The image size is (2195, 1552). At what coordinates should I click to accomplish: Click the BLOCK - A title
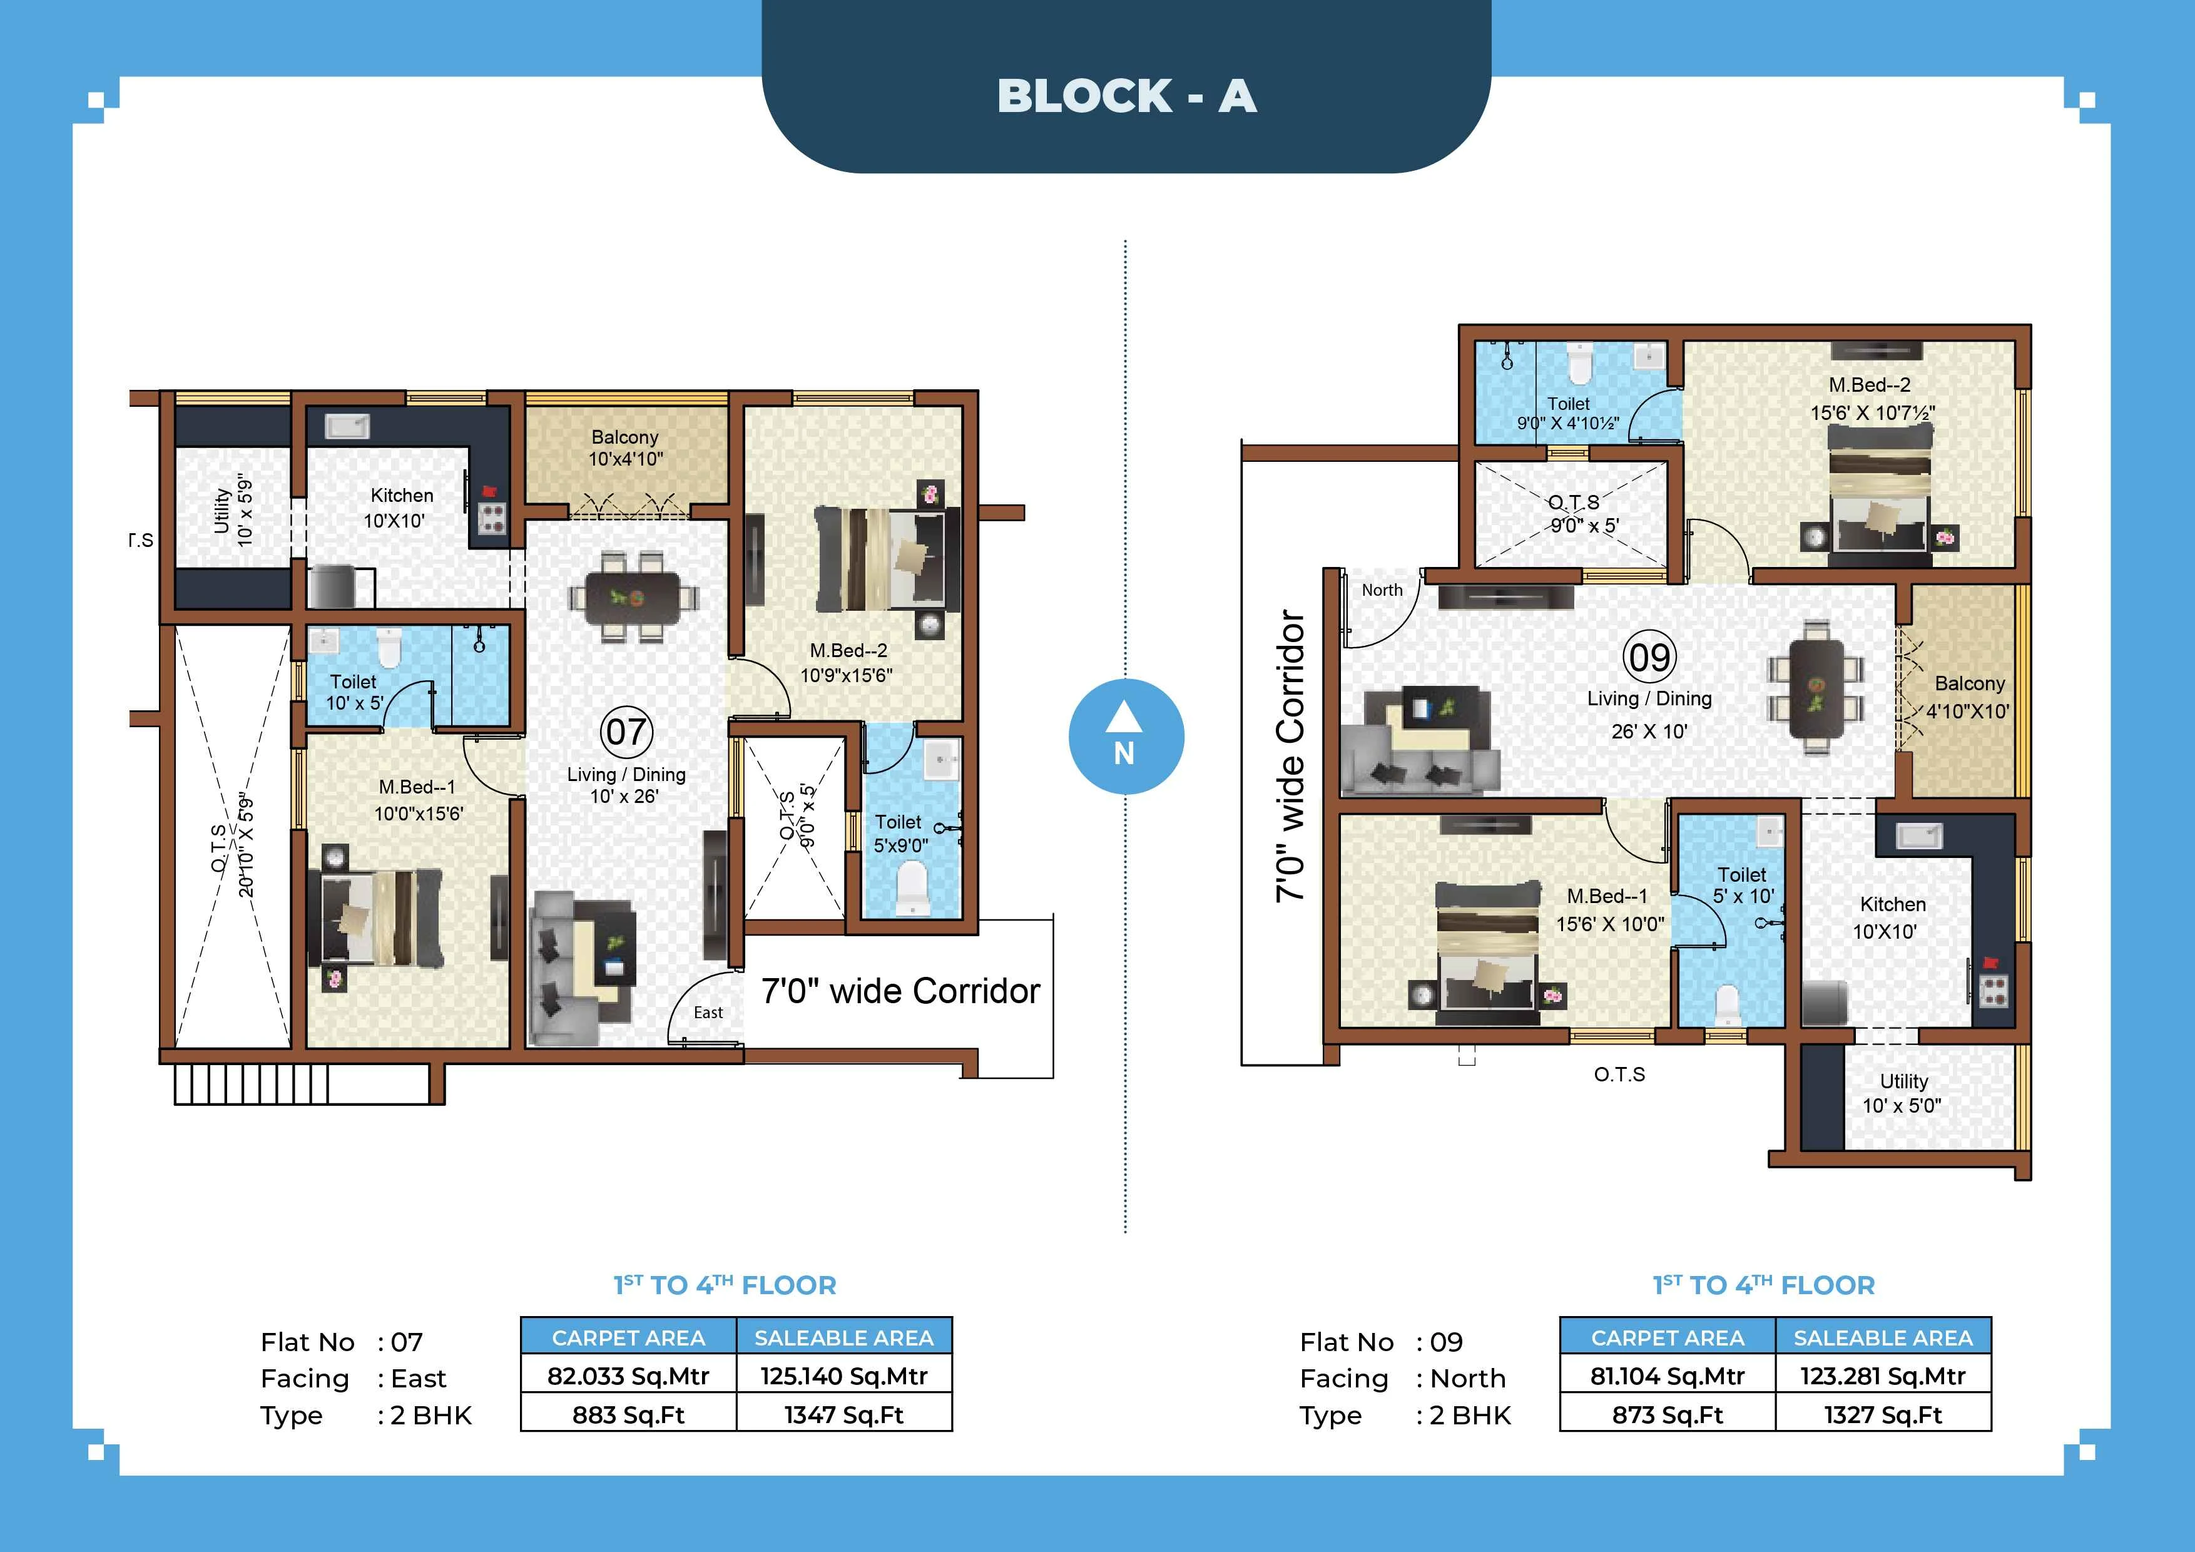(1126, 96)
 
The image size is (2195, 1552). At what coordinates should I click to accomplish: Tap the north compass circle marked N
(1125, 737)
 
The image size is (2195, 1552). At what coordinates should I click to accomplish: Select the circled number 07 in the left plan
(626, 732)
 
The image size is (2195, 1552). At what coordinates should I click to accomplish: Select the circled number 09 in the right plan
(1649, 657)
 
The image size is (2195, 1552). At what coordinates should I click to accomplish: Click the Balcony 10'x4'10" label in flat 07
(625, 447)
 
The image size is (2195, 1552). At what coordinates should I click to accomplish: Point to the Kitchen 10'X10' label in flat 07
(400, 508)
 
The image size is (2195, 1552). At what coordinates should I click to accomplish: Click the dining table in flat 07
(633, 599)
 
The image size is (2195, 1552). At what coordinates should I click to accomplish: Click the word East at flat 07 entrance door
(708, 1013)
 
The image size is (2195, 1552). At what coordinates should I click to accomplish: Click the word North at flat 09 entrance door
(1382, 590)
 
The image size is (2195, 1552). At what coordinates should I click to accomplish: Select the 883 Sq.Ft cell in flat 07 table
(628, 1414)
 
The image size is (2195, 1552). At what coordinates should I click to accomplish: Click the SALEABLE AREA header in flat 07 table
(843, 1337)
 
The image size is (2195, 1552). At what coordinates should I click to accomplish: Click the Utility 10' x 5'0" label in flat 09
(1902, 1093)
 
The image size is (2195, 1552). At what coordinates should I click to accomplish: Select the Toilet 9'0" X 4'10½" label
(1568, 413)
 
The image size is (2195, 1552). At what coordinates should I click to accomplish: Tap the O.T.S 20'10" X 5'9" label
(232, 845)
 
